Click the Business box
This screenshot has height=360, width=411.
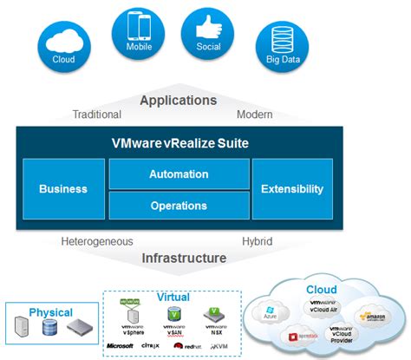[x=62, y=189]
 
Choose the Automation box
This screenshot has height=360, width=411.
[x=178, y=174]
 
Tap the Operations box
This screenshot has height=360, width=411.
[x=178, y=206]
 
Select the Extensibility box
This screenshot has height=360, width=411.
[x=291, y=189]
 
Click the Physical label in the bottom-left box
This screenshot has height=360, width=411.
[x=51, y=312]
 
